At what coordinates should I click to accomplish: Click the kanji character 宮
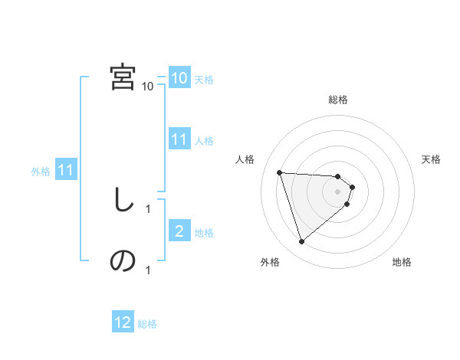tap(123, 77)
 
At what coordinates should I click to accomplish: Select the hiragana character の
tap(123, 261)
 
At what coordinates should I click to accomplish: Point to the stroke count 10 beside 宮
tap(148, 86)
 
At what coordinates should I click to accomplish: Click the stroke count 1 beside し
tap(148, 208)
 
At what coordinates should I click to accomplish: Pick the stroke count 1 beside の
tap(148, 269)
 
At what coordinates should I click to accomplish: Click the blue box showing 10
tap(179, 78)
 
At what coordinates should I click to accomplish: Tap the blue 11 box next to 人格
tap(179, 139)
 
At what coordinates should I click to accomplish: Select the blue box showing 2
tap(179, 231)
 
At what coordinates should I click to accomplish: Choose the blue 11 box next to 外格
tap(65, 170)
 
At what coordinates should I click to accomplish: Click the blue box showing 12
tap(123, 323)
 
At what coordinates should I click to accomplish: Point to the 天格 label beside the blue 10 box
tap(204, 79)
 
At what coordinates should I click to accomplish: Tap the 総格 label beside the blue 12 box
tap(147, 324)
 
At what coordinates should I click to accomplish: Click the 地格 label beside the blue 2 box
tap(204, 232)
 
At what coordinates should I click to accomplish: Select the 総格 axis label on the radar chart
tap(338, 100)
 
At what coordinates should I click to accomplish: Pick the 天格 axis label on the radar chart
tap(432, 159)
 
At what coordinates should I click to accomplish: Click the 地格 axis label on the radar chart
tap(402, 262)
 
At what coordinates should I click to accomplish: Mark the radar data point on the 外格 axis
tap(302, 241)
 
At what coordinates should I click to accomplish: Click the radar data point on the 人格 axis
tap(280, 172)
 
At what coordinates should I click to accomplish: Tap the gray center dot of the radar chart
tap(338, 201)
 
